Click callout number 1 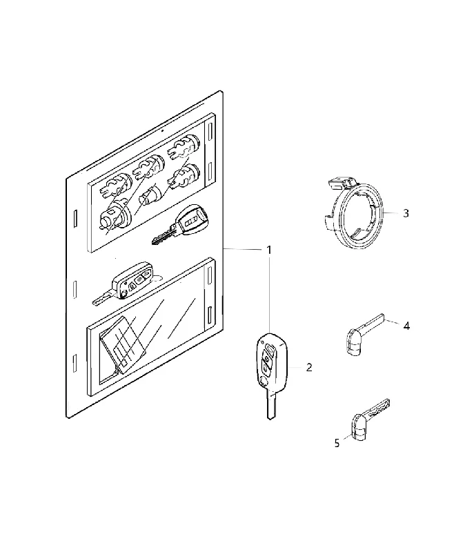pos(269,250)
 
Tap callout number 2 pos(309,368)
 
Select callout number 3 pos(406,213)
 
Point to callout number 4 pos(406,326)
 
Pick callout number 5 pos(337,443)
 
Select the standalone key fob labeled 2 pos(272,375)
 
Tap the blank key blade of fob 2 pos(270,404)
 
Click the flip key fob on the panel pos(124,284)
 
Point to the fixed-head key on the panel pos(179,224)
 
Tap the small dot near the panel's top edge pos(162,130)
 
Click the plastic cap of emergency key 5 pos(359,428)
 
